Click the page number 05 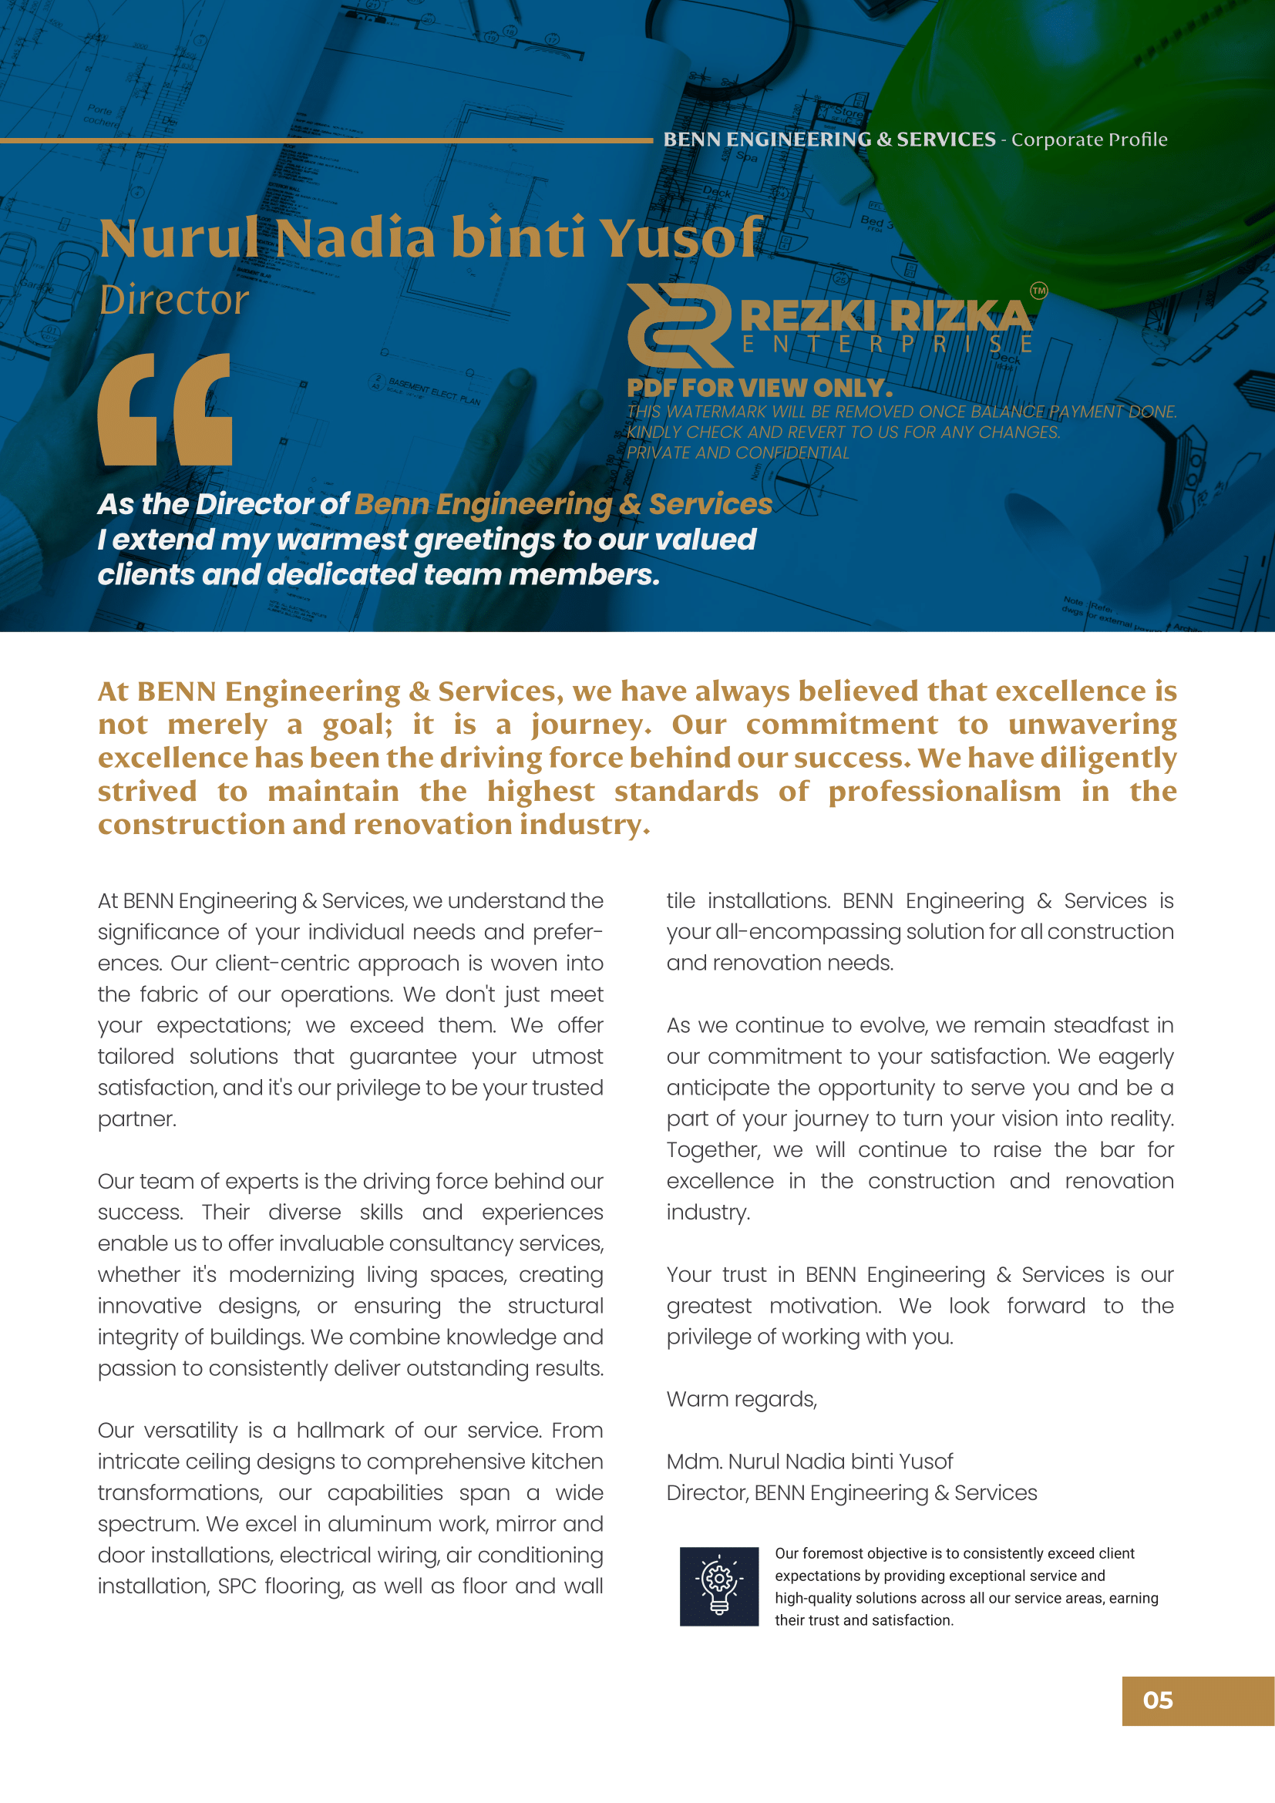click(1157, 1700)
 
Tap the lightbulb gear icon click(718, 1586)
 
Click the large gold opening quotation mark click(165, 409)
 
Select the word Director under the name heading click(174, 300)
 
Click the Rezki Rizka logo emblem click(680, 325)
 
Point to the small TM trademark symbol click(1038, 291)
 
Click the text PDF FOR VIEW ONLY click(759, 388)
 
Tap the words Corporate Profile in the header click(1089, 140)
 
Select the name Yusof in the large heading click(681, 237)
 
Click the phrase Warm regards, click(741, 1399)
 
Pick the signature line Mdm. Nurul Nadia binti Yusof click(809, 1462)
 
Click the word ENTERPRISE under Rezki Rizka click(886, 345)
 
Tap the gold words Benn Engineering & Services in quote click(563, 504)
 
